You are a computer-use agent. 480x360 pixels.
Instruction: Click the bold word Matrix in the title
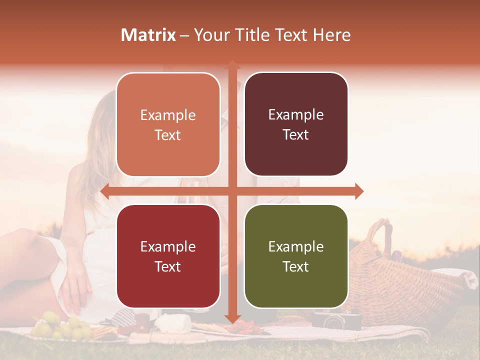148,35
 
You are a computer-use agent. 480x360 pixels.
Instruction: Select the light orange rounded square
168,124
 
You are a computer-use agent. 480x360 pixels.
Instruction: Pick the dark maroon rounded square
296,124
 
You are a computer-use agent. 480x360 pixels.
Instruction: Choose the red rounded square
168,256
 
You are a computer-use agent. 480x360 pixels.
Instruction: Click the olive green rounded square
296,256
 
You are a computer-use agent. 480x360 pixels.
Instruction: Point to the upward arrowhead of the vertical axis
232,65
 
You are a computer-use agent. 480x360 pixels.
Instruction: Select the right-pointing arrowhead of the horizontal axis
358,191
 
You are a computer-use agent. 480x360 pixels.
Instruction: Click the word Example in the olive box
296,246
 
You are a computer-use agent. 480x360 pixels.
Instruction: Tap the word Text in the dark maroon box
296,134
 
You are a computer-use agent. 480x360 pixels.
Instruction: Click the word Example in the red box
168,246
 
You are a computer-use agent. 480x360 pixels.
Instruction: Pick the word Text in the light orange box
168,135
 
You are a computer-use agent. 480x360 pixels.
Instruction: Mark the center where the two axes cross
232,191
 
